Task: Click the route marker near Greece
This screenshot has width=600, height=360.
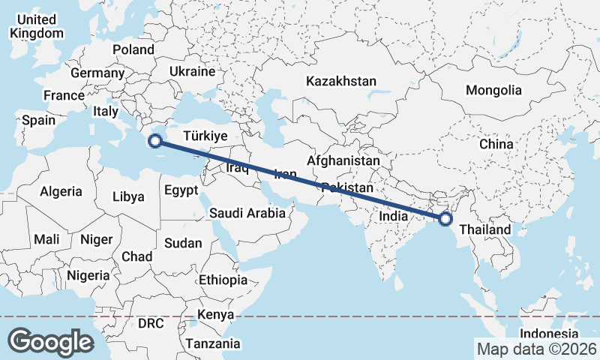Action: click(155, 140)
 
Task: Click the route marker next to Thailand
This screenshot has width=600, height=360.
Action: click(445, 219)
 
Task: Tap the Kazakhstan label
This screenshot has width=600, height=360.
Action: click(341, 80)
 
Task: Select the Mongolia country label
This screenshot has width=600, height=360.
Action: click(493, 90)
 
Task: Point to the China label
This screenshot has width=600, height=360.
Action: click(496, 143)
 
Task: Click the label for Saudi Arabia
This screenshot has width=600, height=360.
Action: click(247, 213)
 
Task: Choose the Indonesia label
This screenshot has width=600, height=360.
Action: click(550, 334)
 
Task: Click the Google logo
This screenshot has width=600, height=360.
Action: click(50, 342)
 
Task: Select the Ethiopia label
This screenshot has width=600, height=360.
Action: click(223, 280)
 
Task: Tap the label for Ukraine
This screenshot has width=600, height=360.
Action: click(192, 71)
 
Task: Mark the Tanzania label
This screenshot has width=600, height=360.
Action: click(214, 343)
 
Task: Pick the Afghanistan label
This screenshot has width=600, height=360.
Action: click(343, 160)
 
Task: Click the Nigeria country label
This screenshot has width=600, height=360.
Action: click(88, 275)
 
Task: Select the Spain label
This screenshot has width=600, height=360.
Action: click(39, 120)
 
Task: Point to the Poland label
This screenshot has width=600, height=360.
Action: click(133, 49)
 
